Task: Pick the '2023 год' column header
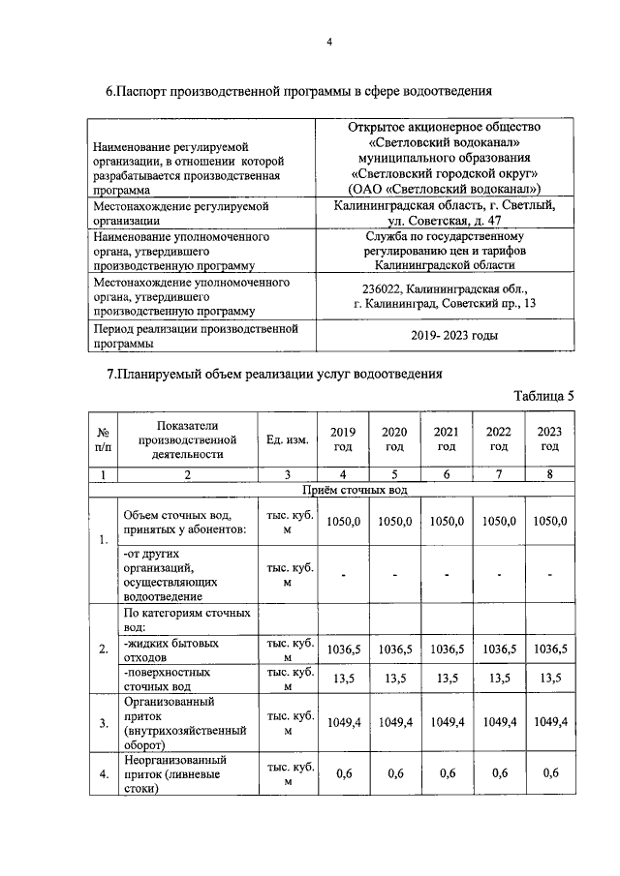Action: [549, 439]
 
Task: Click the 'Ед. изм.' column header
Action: [287, 439]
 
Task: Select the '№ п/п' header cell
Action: [103, 439]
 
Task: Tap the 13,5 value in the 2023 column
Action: [549, 678]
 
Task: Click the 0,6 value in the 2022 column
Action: [498, 773]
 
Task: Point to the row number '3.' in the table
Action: [103, 722]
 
